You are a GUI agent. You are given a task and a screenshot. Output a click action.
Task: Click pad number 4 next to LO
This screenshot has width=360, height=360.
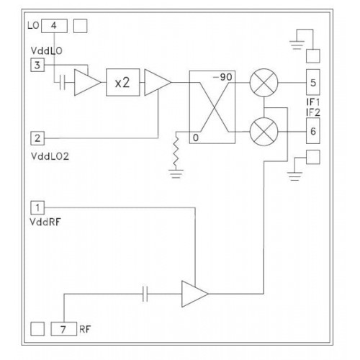[x=54, y=26]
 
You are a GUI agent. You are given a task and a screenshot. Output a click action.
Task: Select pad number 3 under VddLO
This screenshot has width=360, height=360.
[x=37, y=65]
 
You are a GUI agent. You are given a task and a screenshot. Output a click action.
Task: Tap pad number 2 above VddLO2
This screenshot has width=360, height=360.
[x=37, y=138]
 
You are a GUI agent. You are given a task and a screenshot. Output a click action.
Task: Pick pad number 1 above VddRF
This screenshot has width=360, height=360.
[x=37, y=207]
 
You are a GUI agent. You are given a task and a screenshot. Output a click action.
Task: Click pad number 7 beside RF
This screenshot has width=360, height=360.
[x=64, y=329]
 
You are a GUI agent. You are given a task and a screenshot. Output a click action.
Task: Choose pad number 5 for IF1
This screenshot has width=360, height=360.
[x=313, y=82]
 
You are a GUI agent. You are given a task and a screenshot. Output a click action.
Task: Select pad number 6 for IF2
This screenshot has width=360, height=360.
[x=313, y=131]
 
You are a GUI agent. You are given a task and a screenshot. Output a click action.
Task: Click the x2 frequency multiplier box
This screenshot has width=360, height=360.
[x=123, y=82]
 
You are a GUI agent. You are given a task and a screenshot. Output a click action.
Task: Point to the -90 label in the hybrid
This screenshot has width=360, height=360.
[x=222, y=77]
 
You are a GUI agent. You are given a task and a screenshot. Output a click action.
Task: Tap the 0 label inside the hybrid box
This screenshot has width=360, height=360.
[x=196, y=138]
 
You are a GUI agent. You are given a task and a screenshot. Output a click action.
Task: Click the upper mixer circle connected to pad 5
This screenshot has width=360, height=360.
[x=264, y=83]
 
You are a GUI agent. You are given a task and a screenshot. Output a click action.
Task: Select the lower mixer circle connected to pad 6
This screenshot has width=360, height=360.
[x=264, y=132]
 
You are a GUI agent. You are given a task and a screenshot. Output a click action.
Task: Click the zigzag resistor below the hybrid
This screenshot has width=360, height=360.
[x=176, y=151]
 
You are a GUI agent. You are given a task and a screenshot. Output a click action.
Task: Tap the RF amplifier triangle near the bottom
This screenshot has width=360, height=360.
[x=194, y=294]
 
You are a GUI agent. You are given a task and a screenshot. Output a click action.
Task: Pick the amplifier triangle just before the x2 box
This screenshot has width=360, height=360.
[x=88, y=82]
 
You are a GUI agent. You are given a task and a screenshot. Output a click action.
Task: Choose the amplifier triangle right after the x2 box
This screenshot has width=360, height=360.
[x=158, y=82]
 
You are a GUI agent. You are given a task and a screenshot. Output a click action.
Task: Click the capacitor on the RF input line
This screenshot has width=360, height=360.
[x=145, y=294]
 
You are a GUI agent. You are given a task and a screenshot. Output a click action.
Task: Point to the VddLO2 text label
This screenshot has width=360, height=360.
[x=50, y=156]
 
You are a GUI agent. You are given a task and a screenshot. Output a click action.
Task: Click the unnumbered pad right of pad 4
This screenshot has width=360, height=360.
[x=80, y=26]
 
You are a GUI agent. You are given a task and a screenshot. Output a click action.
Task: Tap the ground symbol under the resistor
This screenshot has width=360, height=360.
[x=176, y=174]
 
